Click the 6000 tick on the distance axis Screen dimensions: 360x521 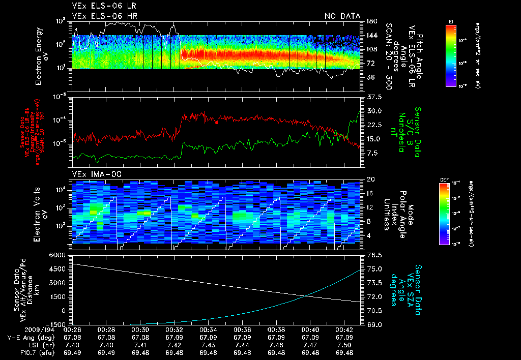55,254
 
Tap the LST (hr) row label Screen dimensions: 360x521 38,344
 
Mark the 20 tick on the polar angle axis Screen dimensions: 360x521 370,179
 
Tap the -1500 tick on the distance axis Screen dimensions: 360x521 54,324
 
